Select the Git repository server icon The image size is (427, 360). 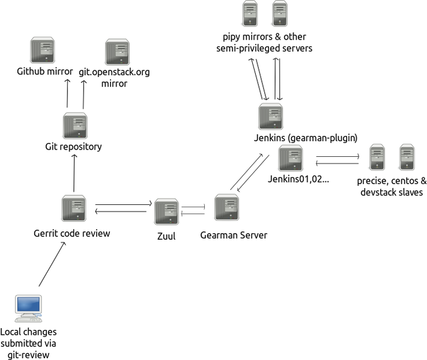[74, 126]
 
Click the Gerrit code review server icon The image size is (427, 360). [73, 209]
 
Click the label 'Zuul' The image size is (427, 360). [166, 236]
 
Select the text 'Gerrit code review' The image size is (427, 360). [72, 233]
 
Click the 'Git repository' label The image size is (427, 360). [73, 146]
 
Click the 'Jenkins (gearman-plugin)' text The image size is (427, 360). [306, 138]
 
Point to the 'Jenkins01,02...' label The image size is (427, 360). [298, 180]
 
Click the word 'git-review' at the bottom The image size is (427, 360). [29, 355]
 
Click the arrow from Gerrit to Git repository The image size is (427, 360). [74, 172]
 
